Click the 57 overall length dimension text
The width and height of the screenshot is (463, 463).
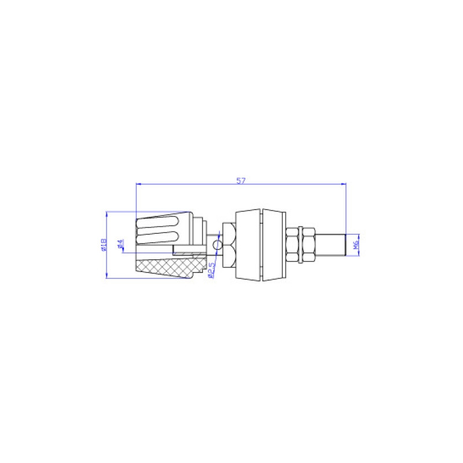tap(241, 181)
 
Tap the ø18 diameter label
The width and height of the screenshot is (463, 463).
tap(103, 245)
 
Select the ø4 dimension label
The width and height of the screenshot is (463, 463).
tap(120, 245)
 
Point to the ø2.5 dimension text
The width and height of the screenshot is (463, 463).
tap(211, 270)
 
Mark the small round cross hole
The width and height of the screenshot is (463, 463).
tap(216, 246)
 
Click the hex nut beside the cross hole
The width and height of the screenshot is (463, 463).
tap(227, 246)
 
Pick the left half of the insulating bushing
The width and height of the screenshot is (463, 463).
tap(248, 246)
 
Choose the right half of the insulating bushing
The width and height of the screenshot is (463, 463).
tap(274, 246)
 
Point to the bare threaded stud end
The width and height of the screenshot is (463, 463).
tap(332, 245)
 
